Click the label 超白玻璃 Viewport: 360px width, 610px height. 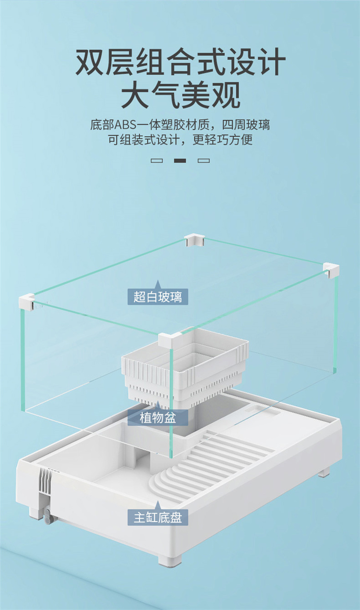pos(158,297)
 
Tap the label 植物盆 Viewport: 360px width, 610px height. pos(158,417)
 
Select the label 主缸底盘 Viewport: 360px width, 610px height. pos(158,518)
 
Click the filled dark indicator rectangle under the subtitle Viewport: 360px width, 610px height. pos(180,160)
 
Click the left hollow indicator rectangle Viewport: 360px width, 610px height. pos(157,160)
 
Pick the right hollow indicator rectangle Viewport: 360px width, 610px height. pos(204,160)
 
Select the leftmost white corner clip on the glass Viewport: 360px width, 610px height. pos(26,302)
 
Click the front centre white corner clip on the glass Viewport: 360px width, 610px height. pos(169,340)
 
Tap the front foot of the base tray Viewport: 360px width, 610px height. pos(169,559)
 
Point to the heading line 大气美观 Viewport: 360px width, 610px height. pos(180,96)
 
